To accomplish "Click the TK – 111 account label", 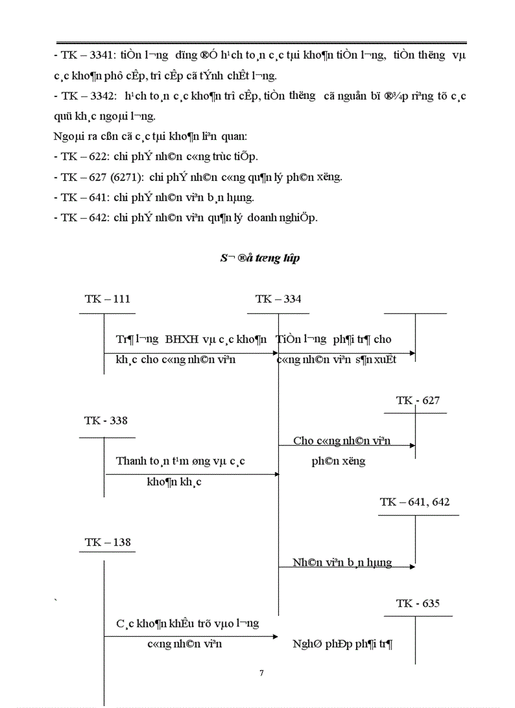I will [107, 299].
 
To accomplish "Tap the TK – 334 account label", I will [278, 299].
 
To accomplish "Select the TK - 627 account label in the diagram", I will [418, 400].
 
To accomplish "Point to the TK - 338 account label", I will [106, 421].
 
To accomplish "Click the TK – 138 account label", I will [107, 542].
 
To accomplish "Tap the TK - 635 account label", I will [418, 603].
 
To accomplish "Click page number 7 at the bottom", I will [262, 673].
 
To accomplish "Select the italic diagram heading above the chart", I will [259, 258].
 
